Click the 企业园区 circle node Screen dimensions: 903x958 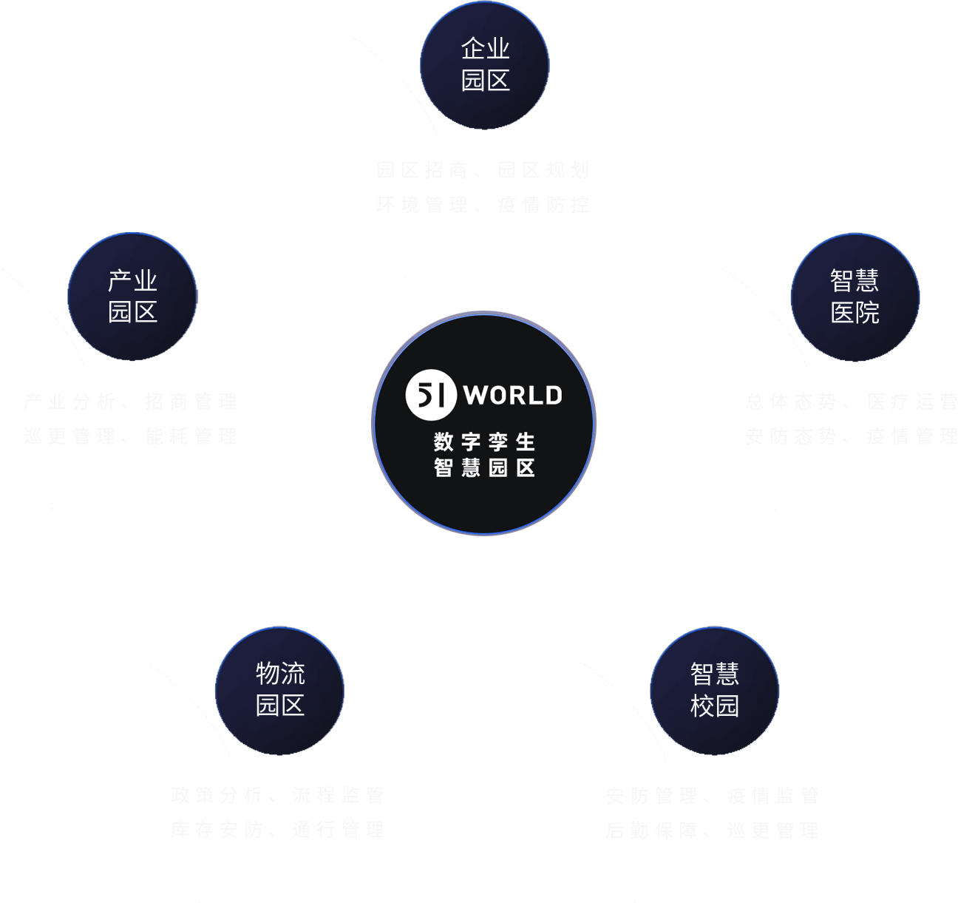[x=485, y=65]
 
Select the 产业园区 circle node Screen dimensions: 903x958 [x=132, y=297]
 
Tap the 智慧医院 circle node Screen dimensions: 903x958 [x=855, y=297]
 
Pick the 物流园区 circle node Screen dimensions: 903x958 [x=279, y=691]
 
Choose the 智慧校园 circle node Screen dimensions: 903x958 [x=714, y=691]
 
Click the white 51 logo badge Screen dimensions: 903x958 [x=431, y=395]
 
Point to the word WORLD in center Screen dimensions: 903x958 [x=513, y=396]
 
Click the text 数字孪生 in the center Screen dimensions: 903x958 [x=484, y=442]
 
